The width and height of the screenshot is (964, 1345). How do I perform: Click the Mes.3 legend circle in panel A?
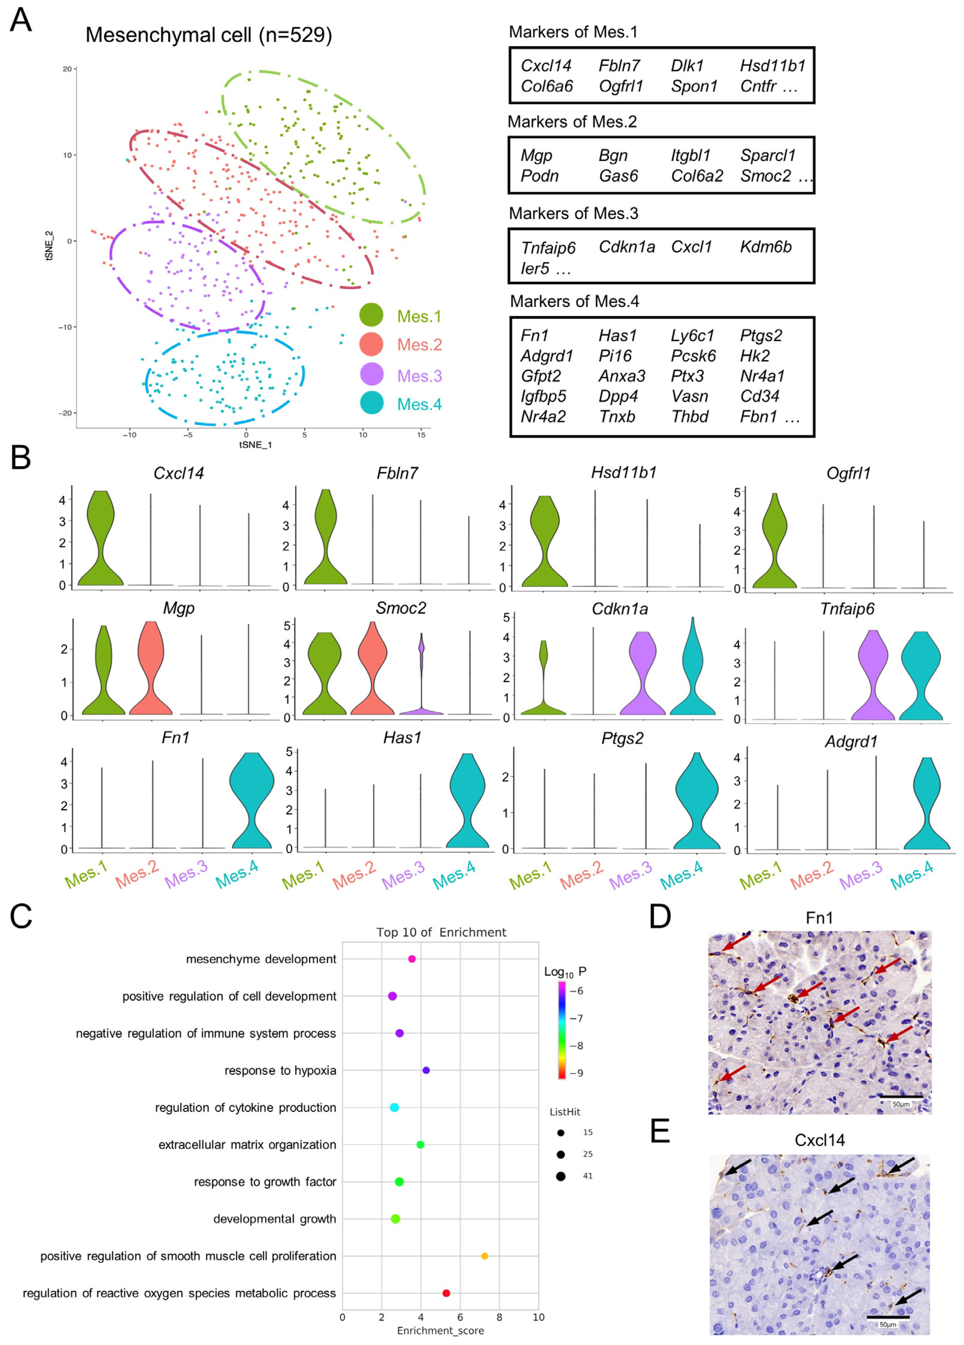click(371, 375)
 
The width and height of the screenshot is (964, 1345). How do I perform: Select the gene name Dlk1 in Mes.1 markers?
click(686, 66)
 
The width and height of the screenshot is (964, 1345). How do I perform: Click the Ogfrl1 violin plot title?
click(848, 473)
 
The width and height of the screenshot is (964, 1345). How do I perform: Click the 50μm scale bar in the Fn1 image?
click(900, 1097)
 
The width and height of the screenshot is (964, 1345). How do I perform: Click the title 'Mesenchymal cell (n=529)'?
click(209, 35)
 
